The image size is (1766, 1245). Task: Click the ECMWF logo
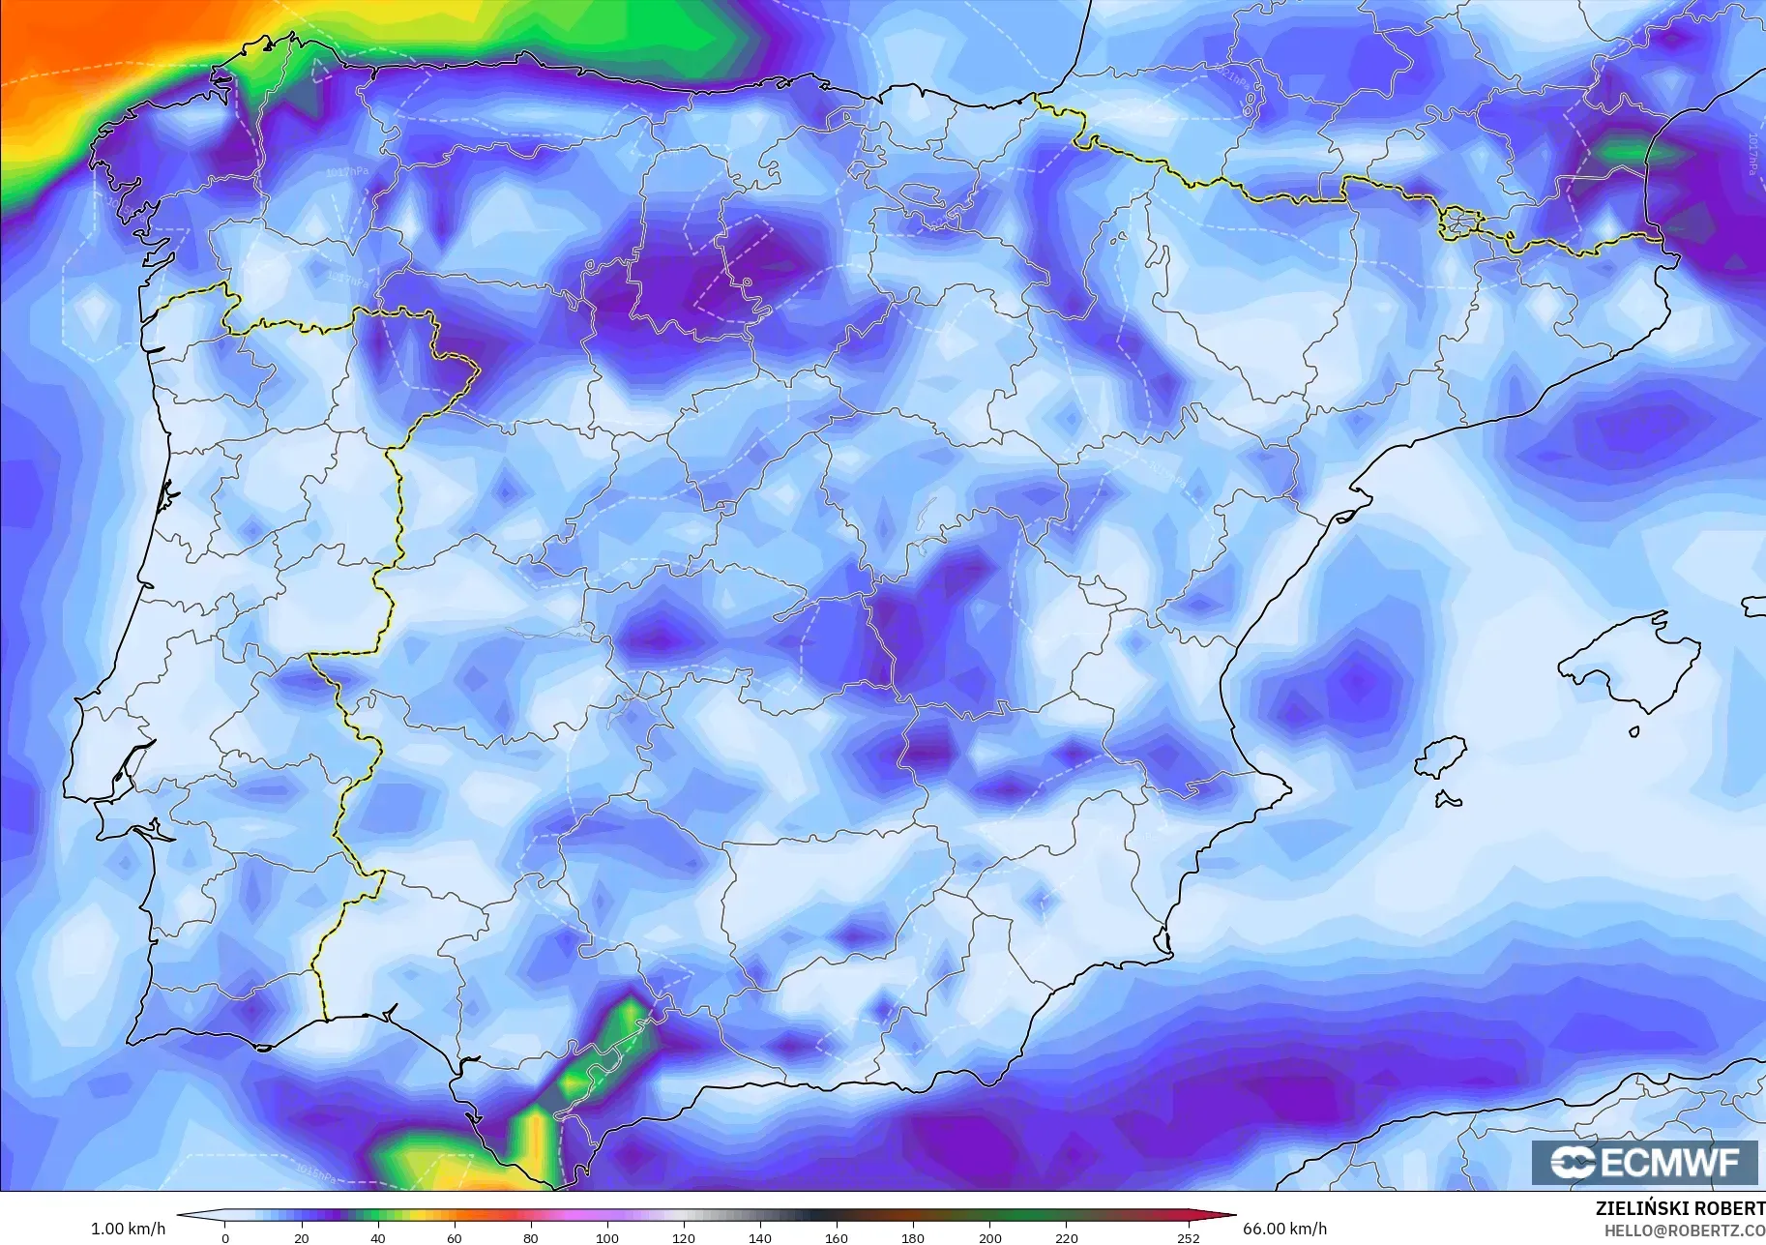(1644, 1162)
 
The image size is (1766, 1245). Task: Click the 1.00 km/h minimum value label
(128, 1229)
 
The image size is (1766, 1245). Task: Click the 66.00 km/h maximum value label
(1284, 1229)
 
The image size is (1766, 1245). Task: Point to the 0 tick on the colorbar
(225, 1237)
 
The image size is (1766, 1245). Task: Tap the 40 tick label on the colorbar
(378, 1237)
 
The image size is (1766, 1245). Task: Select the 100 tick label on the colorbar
(606, 1237)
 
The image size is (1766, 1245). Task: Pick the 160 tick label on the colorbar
(837, 1237)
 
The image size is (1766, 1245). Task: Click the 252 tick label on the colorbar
(1189, 1237)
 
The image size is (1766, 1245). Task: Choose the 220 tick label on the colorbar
(1066, 1237)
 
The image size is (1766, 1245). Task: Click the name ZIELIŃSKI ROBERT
(1680, 1208)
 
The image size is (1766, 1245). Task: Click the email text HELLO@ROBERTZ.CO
(1685, 1230)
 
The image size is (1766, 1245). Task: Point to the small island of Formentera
(1448, 799)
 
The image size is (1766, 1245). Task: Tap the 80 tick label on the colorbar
(530, 1237)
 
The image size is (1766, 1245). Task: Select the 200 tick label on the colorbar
(989, 1237)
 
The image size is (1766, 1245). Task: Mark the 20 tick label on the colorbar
(302, 1237)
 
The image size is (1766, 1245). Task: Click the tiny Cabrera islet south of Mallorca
(1634, 731)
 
